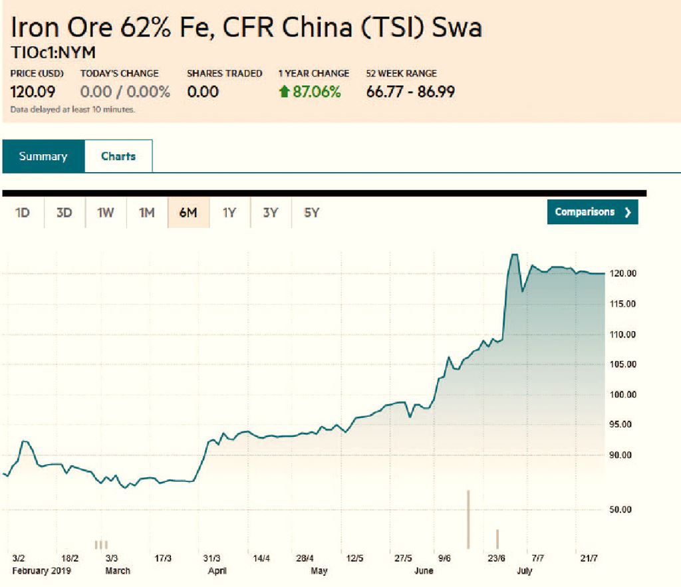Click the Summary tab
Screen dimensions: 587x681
(x=43, y=157)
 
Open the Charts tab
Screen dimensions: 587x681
(x=118, y=157)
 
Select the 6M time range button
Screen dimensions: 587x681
(x=188, y=213)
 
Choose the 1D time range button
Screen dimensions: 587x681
(x=23, y=213)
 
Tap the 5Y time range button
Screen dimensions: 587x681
(x=312, y=213)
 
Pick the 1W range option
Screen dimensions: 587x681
(x=106, y=213)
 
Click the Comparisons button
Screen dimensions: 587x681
(x=593, y=212)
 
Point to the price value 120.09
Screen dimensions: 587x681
(x=33, y=92)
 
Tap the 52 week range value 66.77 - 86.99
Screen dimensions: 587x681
(x=410, y=92)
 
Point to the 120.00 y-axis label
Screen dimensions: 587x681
(x=623, y=273)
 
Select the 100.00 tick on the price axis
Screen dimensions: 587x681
(x=623, y=394)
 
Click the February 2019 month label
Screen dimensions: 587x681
(x=41, y=571)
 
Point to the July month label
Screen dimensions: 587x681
(x=524, y=571)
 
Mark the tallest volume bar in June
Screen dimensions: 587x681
(x=469, y=519)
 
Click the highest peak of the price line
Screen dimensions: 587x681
(x=513, y=255)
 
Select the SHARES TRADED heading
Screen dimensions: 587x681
(x=224, y=74)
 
